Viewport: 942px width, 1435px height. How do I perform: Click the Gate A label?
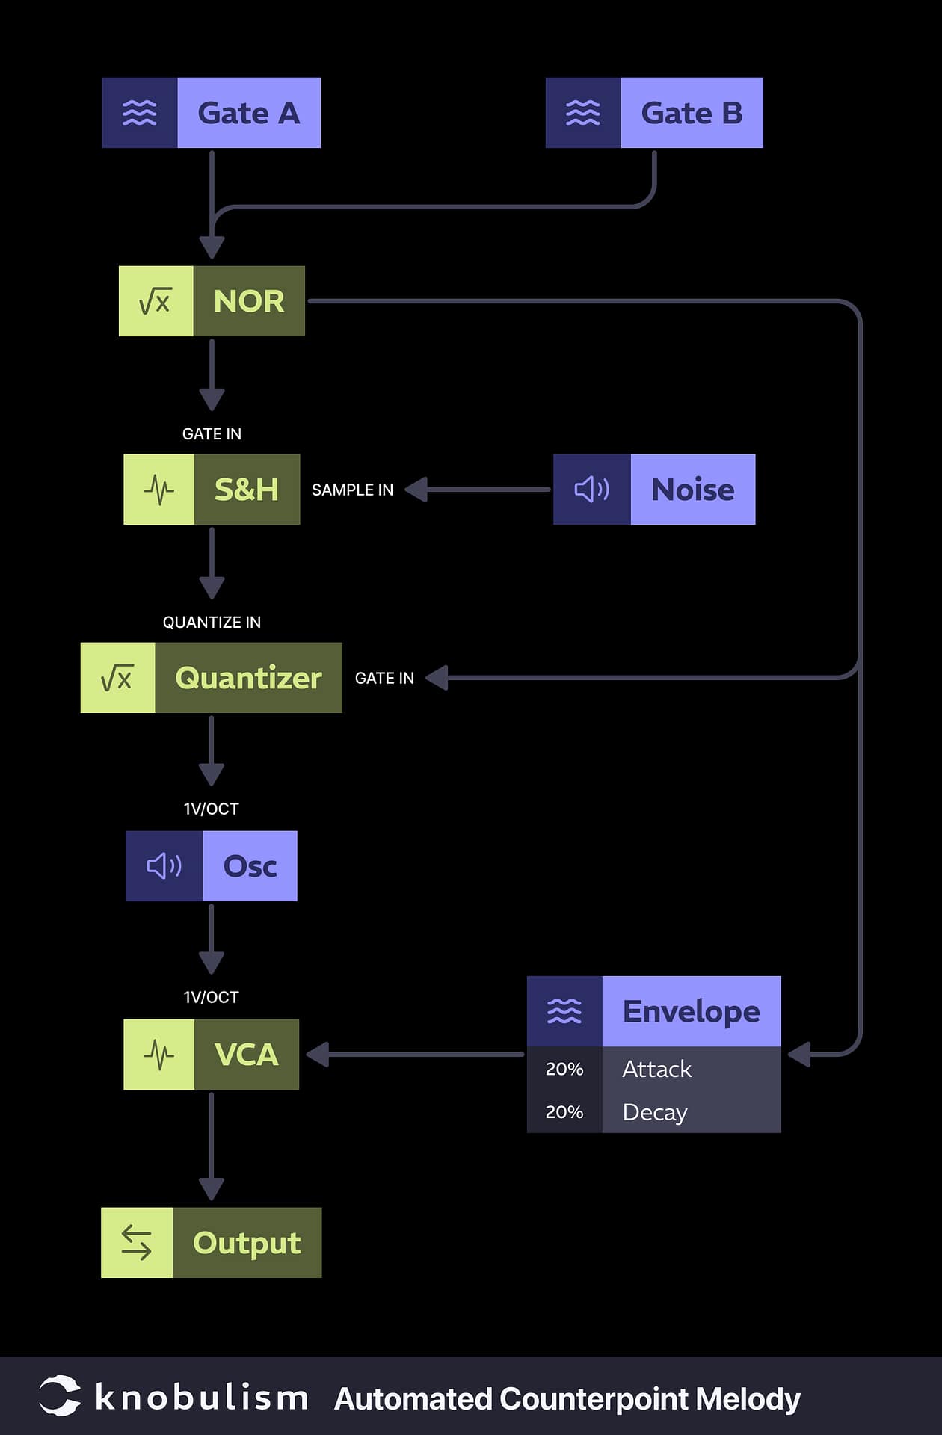(248, 113)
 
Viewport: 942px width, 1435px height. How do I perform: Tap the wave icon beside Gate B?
(582, 113)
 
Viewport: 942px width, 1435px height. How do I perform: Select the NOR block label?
(249, 301)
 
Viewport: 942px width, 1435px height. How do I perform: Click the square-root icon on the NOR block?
(156, 301)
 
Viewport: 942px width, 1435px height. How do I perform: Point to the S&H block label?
(247, 490)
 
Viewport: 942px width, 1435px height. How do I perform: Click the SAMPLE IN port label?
(352, 490)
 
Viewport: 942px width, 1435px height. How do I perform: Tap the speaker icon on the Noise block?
(591, 490)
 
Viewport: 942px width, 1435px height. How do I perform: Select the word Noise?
(692, 490)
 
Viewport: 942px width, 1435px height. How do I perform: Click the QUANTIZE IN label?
(212, 622)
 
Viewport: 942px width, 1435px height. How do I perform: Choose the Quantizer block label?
(248, 678)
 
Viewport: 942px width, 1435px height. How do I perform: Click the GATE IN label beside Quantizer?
(384, 678)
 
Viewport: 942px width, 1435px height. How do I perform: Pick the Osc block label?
(250, 866)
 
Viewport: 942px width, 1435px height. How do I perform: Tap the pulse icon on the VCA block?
(158, 1055)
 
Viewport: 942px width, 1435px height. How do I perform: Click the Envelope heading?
(691, 1011)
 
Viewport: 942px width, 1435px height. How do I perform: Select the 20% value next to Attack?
(564, 1069)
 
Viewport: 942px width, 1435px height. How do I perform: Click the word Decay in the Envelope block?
(654, 1112)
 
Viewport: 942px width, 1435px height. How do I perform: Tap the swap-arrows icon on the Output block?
(137, 1243)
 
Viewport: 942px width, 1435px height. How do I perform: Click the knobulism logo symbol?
(60, 1395)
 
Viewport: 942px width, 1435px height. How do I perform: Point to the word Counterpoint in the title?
(594, 1398)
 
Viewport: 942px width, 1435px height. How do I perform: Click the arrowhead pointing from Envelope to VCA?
(317, 1055)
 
